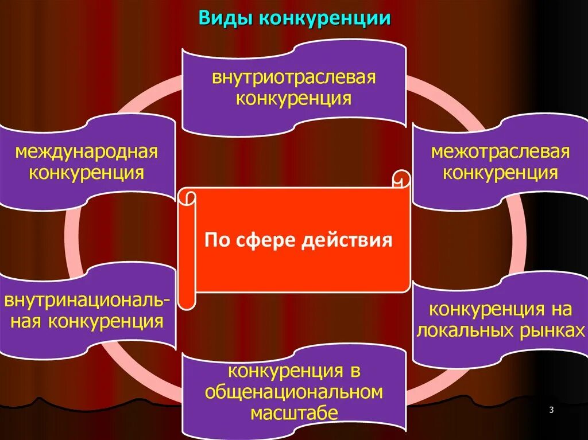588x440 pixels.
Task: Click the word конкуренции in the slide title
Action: click(x=326, y=18)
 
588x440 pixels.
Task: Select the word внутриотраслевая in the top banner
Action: click(x=294, y=77)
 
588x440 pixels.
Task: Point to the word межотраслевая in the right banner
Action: click(x=501, y=152)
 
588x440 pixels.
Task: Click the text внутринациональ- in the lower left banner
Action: click(x=87, y=301)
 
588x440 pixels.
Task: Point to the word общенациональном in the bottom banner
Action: click(x=294, y=392)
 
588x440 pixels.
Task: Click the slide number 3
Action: click(x=551, y=410)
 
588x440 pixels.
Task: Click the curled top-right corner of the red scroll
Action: click(x=401, y=178)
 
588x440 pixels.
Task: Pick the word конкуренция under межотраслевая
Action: click(x=501, y=172)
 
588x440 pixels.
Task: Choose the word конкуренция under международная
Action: click(x=87, y=172)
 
